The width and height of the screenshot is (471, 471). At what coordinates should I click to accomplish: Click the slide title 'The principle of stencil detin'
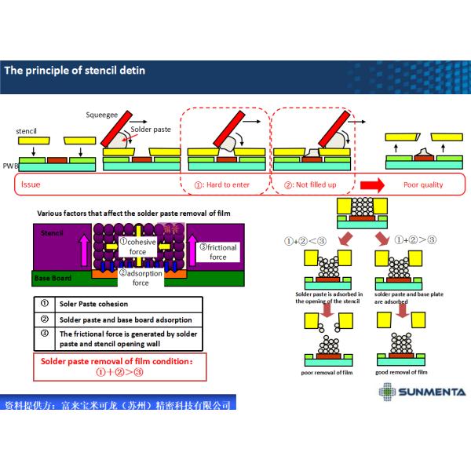(75, 71)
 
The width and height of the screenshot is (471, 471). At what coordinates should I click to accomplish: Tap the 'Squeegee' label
(101, 115)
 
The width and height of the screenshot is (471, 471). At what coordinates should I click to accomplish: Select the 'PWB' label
(10, 166)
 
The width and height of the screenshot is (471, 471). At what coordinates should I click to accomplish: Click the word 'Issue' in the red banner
(31, 185)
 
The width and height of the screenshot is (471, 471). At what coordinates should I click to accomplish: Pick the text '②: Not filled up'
(310, 185)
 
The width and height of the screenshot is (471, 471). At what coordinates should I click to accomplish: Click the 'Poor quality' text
(423, 185)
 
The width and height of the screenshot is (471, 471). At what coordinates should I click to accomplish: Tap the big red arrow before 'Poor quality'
(372, 185)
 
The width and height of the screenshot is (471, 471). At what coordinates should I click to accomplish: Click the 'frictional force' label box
(217, 252)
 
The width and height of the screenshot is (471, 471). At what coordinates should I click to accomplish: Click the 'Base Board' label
(53, 278)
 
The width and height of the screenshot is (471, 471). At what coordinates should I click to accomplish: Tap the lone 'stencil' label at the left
(27, 130)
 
